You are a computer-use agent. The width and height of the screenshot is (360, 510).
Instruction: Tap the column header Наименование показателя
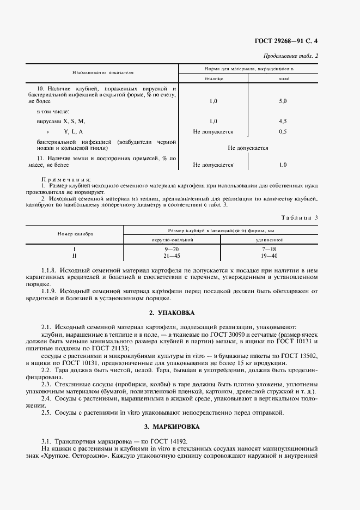click(103, 72)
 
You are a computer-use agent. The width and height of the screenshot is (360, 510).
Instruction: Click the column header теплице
click(213, 78)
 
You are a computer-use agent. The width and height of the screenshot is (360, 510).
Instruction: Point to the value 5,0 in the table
click(283, 101)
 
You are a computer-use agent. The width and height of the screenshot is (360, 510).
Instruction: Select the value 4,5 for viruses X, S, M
click(283, 121)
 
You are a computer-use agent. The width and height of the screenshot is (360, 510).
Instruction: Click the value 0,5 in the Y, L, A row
click(283, 131)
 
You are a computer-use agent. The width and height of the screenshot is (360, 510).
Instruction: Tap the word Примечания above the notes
click(66, 179)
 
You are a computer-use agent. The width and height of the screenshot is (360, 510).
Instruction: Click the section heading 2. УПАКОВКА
click(179, 313)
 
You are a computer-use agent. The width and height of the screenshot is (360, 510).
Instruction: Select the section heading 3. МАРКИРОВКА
click(179, 426)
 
